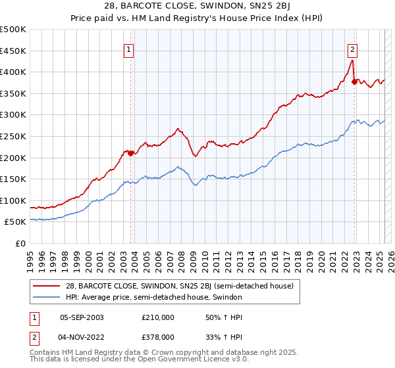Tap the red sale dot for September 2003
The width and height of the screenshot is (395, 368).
pos(130,153)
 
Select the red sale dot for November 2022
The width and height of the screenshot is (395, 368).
pos(354,81)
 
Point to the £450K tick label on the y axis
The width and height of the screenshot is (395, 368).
pos(13,51)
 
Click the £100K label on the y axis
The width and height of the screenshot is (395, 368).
pos(13,200)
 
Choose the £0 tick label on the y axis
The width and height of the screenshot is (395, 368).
pos(20,243)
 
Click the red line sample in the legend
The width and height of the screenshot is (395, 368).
pos(47,286)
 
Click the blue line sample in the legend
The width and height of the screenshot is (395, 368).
pos(47,297)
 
